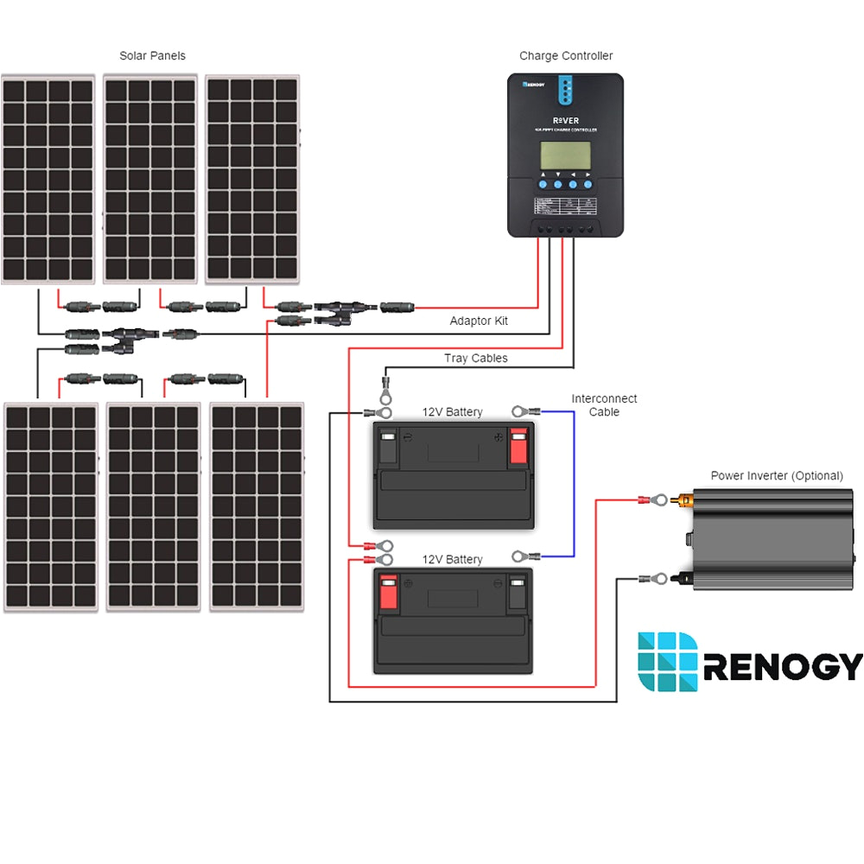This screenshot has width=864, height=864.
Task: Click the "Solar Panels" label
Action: coord(152,56)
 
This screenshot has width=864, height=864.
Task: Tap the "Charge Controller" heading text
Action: coord(566,56)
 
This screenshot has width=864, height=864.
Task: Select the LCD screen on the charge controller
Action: coord(565,156)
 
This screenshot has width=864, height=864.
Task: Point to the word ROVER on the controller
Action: coord(565,120)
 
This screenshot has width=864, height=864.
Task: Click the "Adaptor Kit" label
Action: coord(479,321)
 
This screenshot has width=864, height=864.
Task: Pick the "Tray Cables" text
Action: coord(475,358)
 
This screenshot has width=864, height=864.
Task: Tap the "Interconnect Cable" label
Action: coord(604,405)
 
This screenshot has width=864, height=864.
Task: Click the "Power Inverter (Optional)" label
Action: coord(777,476)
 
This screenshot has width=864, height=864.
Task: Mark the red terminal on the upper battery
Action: coord(518,447)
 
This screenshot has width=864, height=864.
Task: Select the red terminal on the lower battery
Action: coord(388,594)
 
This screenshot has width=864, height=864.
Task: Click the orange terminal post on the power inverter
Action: coord(685,499)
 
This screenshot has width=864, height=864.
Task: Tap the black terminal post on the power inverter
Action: coord(685,577)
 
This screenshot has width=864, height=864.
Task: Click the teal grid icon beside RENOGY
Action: coord(667,662)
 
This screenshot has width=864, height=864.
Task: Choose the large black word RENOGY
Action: coord(783,667)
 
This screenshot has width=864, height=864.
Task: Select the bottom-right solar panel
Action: coord(257,507)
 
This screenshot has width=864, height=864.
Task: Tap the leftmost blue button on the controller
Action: coord(543,184)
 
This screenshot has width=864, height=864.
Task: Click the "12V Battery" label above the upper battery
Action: coord(452,412)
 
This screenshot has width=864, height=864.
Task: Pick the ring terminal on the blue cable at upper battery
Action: coord(519,411)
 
